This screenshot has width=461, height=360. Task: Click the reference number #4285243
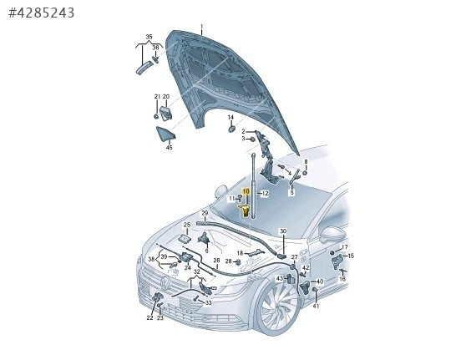pyautogui.click(x=42, y=13)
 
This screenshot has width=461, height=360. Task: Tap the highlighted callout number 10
pyautogui.click(x=246, y=191)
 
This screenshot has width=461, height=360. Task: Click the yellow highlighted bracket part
pyautogui.click(x=244, y=210)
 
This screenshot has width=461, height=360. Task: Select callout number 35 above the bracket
pyautogui.click(x=149, y=37)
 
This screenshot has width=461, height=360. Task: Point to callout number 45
pyautogui.click(x=169, y=147)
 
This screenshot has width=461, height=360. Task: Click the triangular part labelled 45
pyautogui.click(x=165, y=134)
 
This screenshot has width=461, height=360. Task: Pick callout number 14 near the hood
pyautogui.click(x=230, y=117)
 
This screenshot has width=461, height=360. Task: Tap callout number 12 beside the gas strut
pyautogui.click(x=265, y=193)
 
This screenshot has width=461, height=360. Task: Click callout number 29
pyautogui.click(x=205, y=213)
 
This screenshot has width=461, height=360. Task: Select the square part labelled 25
pyautogui.click(x=185, y=238)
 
